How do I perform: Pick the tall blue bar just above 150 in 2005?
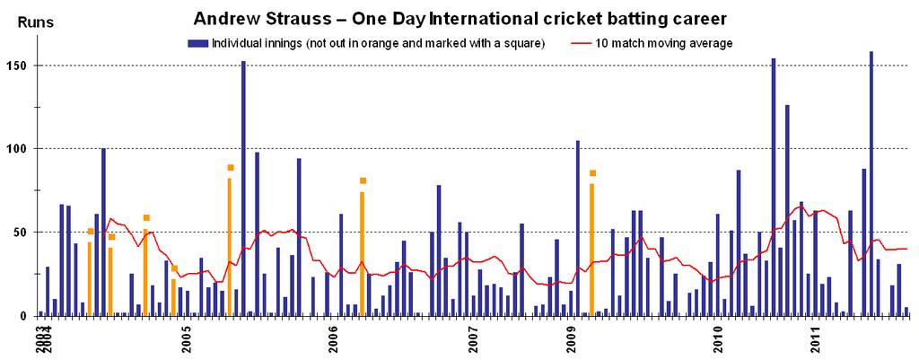coord(243,189)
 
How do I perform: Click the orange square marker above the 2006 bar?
coord(363,180)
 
